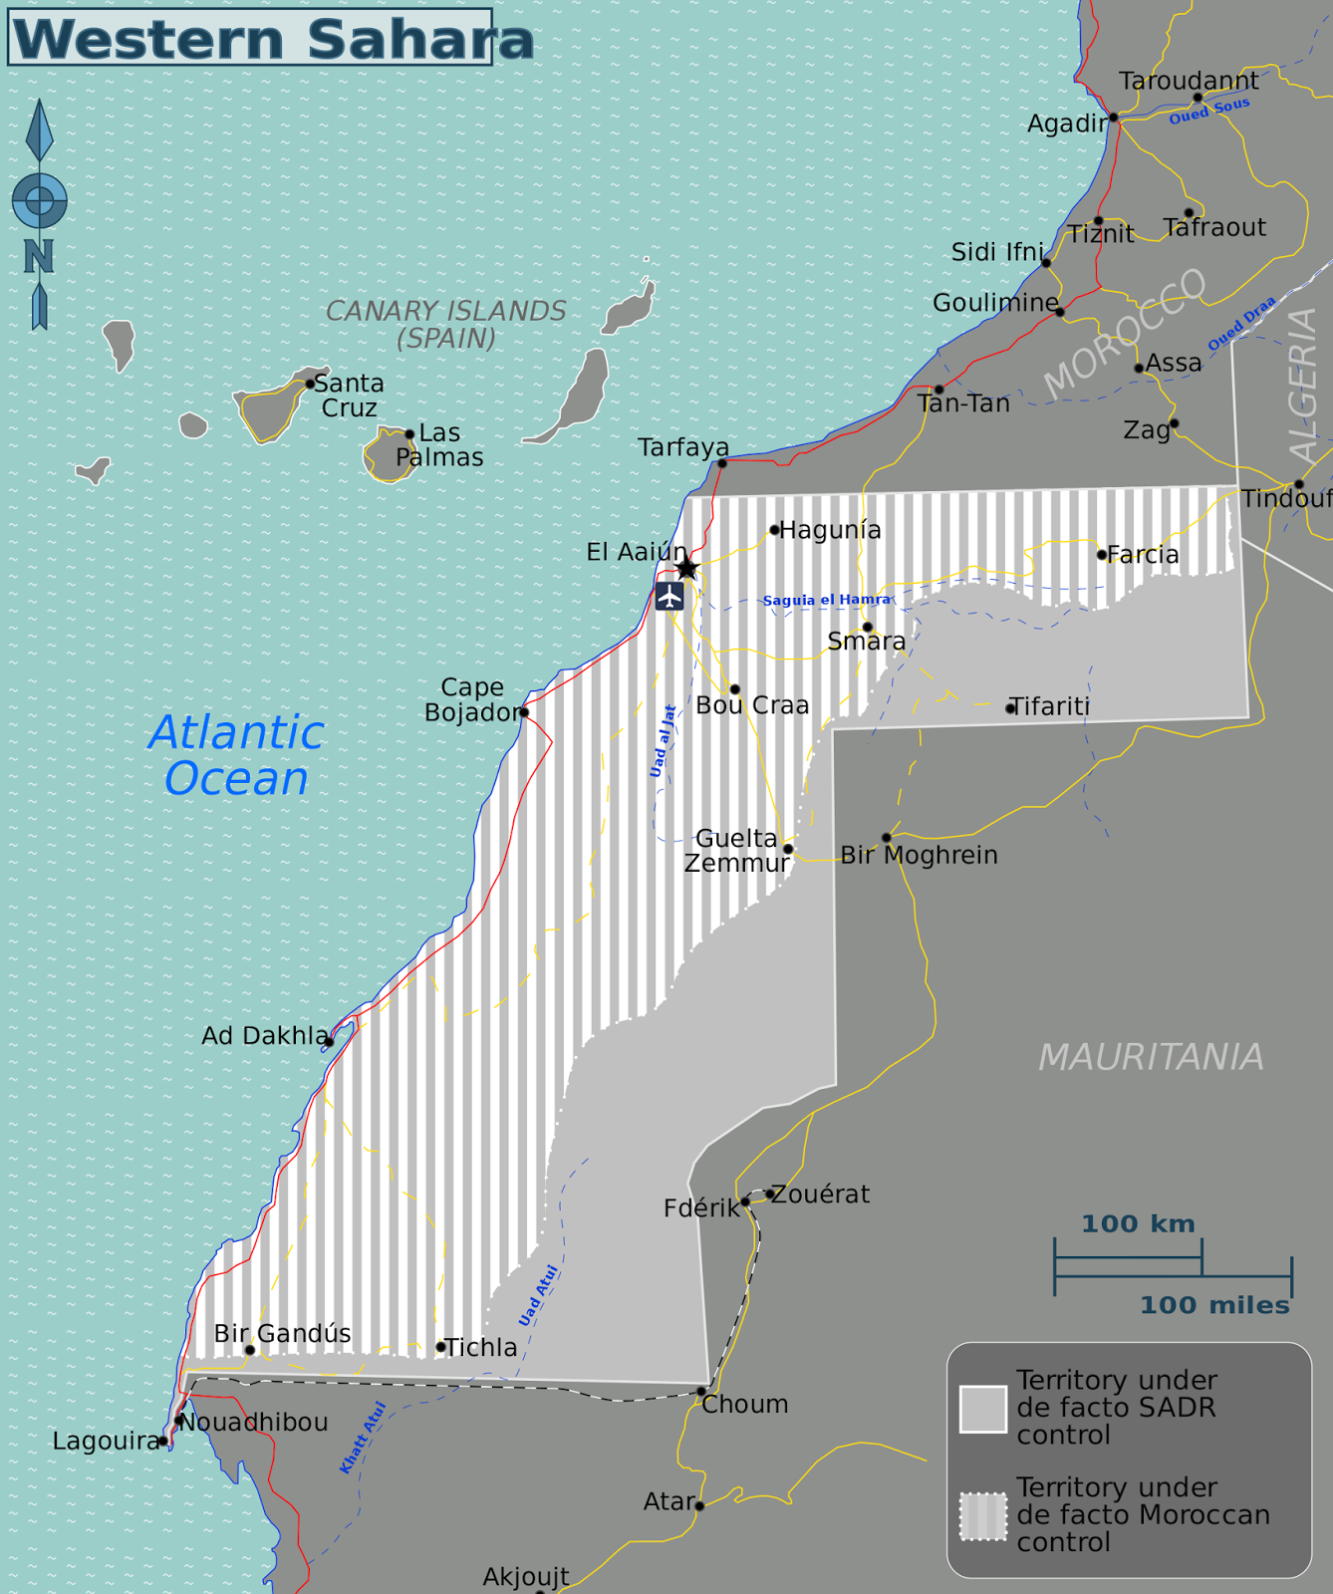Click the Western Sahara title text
(x=271, y=39)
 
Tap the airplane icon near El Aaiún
(x=669, y=597)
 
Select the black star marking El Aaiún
(x=686, y=569)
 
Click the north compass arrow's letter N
(x=39, y=257)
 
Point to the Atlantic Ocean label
(x=237, y=756)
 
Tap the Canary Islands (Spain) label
(x=445, y=325)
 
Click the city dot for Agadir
(x=1114, y=118)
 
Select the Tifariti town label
(x=1050, y=706)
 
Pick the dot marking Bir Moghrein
(x=886, y=838)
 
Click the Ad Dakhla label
(x=264, y=1036)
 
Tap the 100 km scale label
(x=1138, y=1223)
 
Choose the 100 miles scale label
(x=1213, y=1305)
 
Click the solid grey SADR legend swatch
(x=982, y=1409)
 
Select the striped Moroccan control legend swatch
(x=982, y=1516)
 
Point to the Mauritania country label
(x=1151, y=1057)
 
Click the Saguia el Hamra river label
(x=826, y=600)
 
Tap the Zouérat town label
(x=821, y=1194)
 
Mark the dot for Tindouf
(x=1299, y=485)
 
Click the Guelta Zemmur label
(x=737, y=851)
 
